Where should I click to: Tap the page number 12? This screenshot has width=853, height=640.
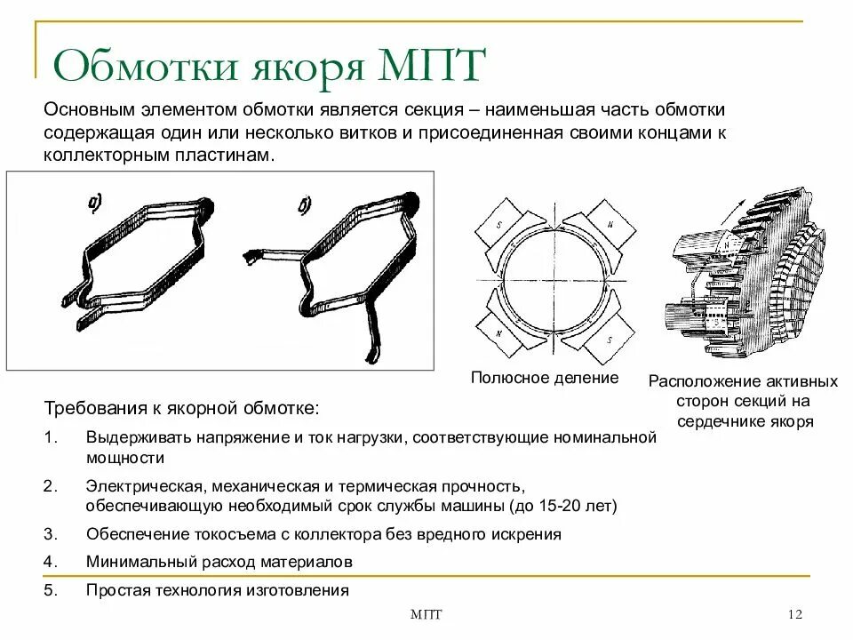pyautogui.click(x=795, y=616)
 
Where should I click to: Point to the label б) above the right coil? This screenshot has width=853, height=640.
pyautogui.click(x=305, y=206)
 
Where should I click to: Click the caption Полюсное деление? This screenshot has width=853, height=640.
pyautogui.click(x=544, y=379)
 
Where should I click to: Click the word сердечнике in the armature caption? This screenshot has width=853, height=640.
pyautogui.click(x=725, y=421)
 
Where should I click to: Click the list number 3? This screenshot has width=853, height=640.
pyautogui.click(x=51, y=534)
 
